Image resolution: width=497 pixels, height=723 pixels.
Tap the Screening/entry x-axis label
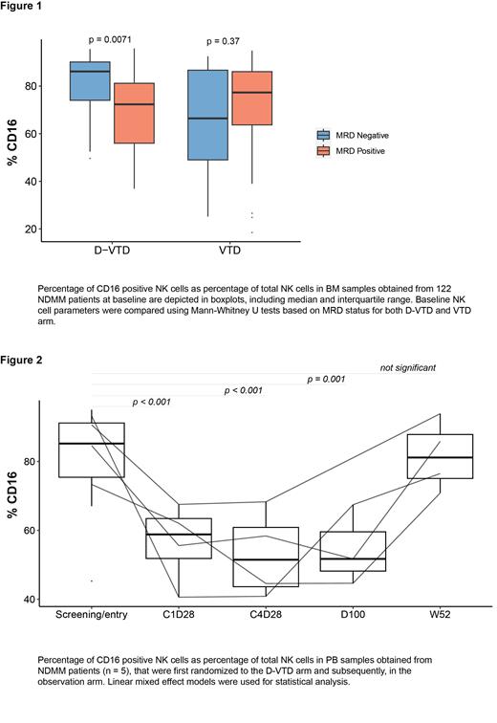pos(93,617)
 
